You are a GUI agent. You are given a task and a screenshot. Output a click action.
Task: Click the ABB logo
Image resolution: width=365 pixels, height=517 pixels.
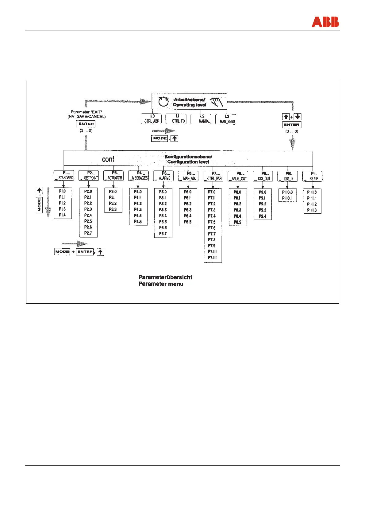tap(325, 22)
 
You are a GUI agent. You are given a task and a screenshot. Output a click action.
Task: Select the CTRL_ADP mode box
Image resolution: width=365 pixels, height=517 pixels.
tap(152, 119)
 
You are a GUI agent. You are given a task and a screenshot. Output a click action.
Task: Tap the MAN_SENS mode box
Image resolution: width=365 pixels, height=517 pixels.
tap(226, 119)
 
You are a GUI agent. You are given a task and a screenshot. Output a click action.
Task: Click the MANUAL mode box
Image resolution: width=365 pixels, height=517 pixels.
tap(201, 119)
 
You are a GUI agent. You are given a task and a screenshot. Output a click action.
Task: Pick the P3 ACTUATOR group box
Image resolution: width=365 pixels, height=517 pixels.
tap(113, 176)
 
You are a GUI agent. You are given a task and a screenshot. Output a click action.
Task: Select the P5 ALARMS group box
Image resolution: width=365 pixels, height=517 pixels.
tap(163, 176)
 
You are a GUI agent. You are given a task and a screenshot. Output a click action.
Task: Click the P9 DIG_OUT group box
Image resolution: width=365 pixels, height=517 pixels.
tap(263, 176)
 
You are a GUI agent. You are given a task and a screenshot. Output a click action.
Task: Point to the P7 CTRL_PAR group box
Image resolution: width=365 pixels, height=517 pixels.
tap(213, 176)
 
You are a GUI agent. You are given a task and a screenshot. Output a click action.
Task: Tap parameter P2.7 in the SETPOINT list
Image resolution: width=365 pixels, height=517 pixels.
tap(88, 233)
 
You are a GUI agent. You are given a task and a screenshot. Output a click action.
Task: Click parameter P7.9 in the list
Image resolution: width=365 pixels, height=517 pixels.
tap(212, 246)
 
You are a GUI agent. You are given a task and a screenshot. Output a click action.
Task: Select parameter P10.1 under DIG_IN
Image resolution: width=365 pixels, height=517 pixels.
tap(287, 198)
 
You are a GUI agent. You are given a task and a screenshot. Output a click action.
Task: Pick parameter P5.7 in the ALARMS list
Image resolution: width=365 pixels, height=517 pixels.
tap(163, 234)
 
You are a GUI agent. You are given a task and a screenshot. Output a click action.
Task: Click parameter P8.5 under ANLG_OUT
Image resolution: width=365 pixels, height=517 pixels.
tap(237, 222)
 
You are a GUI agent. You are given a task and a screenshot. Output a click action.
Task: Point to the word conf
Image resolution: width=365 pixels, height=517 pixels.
tap(108, 159)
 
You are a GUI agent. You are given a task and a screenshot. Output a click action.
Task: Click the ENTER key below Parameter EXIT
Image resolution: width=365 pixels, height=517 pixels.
tap(86, 124)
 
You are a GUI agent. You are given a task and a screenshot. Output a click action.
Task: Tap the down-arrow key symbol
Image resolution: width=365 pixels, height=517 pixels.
tap(298, 117)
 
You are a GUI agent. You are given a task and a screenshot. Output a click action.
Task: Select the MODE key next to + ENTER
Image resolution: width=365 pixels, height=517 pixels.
tap(62, 252)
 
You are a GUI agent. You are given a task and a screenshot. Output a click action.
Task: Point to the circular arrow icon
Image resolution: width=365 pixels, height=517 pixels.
tap(163, 102)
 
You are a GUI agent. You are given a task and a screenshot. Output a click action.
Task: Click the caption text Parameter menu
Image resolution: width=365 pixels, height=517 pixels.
tap(161, 284)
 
